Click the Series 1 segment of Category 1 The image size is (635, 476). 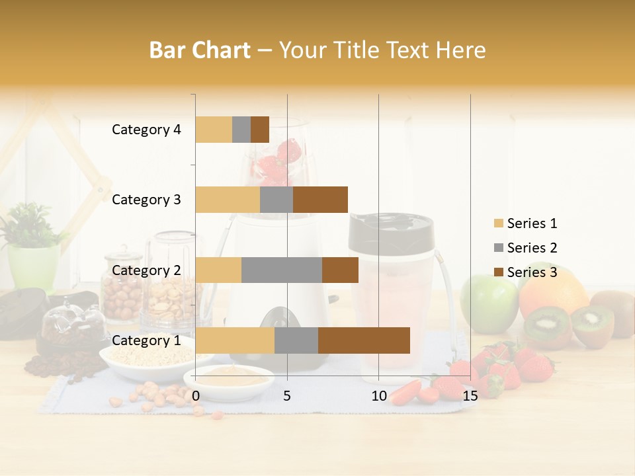(235, 340)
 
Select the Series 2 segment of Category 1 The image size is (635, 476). (296, 340)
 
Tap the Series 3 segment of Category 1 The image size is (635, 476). (364, 340)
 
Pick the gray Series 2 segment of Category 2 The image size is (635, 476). (282, 270)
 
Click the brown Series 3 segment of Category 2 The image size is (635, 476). (340, 270)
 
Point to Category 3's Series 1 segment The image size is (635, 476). (228, 200)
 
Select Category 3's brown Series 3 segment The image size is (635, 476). (320, 200)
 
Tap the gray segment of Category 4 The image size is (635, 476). (241, 130)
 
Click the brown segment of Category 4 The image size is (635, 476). (260, 130)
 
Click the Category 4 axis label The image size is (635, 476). (146, 130)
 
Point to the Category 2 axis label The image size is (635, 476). (146, 270)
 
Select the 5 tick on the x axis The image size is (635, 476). (287, 395)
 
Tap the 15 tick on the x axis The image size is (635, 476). (470, 395)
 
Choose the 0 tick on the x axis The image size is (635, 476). (196, 395)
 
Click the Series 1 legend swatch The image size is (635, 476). (498, 223)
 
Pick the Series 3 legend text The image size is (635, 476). (532, 272)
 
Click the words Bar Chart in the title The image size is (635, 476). (200, 50)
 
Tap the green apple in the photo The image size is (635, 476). (488, 304)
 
